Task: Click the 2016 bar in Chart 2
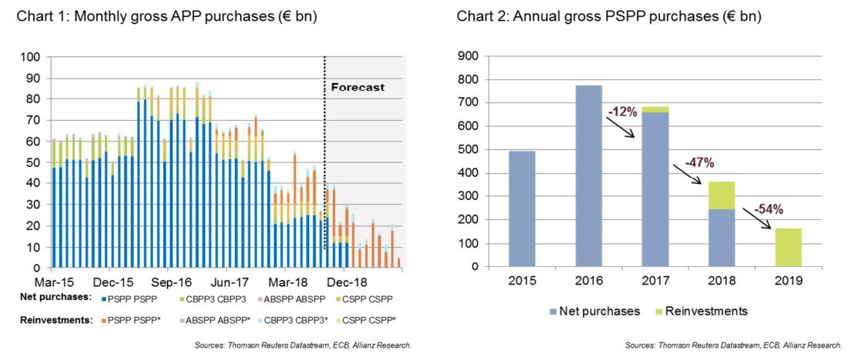(588, 176)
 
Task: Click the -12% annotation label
(622, 112)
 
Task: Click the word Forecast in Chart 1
(357, 87)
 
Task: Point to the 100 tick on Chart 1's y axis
(33, 57)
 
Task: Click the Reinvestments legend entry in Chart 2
(699, 312)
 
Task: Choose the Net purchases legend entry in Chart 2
(592, 312)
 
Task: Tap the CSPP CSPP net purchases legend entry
(366, 297)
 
